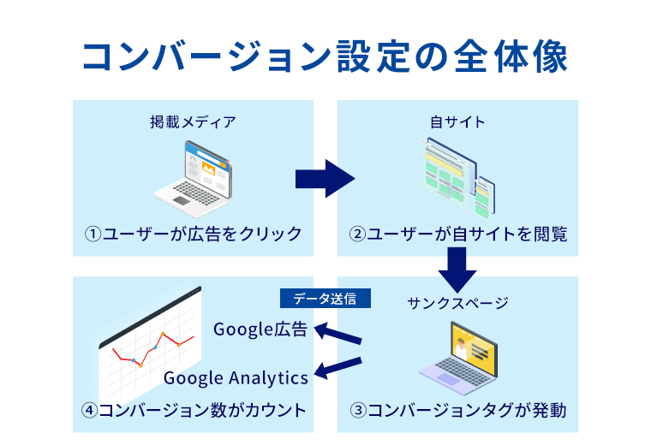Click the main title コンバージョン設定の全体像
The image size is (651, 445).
pyautogui.click(x=325, y=56)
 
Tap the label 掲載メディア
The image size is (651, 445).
pyautogui.click(x=193, y=122)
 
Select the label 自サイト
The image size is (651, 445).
pyautogui.click(x=457, y=122)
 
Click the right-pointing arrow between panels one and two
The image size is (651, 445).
pyautogui.click(x=325, y=178)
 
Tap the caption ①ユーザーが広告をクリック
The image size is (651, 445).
pyautogui.click(x=193, y=233)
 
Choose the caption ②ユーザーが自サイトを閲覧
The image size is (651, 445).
pyautogui.click(x=457, y=233)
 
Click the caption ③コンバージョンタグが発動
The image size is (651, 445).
pyautogui.click(x=457, y=409)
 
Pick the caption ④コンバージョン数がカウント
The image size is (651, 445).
pyautogui.click(x=194, y=409)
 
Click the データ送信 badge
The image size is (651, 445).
pyautogui.click(x=325, y=299)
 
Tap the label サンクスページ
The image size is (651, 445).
pyautogui.click(x=457, y=302)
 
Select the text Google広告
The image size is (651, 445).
pyautogui.click(x=260, y=329)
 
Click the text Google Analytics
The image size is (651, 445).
pyautogui.click(x=236, y=377)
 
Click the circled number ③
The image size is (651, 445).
pyautogui.click(x=358, y=410)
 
